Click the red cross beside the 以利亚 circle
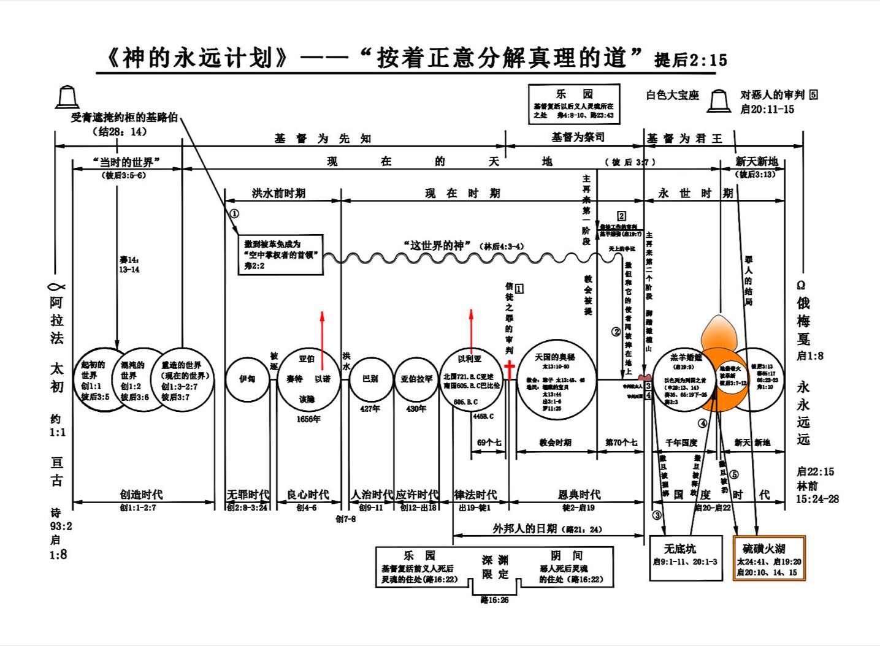pyautogui.click(x=509, y=370)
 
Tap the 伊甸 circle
pyautogui.click(x=247, y=379)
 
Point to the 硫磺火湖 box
pyautogui.click(x=769, y=558)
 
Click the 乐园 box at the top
pyautogui.click(x=574, y=104)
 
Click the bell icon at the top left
pyautogui.click(x=67, y=97)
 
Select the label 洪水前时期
pyautogui.click(x=278, y=193)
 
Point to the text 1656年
pyautogui.click(x=308, y=419)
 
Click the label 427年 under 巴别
pyautogui.click(x=370, y=408)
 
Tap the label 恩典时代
pyautogui.click(x=579, y=494)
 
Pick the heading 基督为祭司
pyautogui.click(x=577, y=137)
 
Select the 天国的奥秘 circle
pyautogui.click(x=556, y=379)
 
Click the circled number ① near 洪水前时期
pyautogui.click(x=234, y=214)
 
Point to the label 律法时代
pyautogui.click(x=476, y=494)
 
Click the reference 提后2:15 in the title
pyautogui.click(x=691, y=60)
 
